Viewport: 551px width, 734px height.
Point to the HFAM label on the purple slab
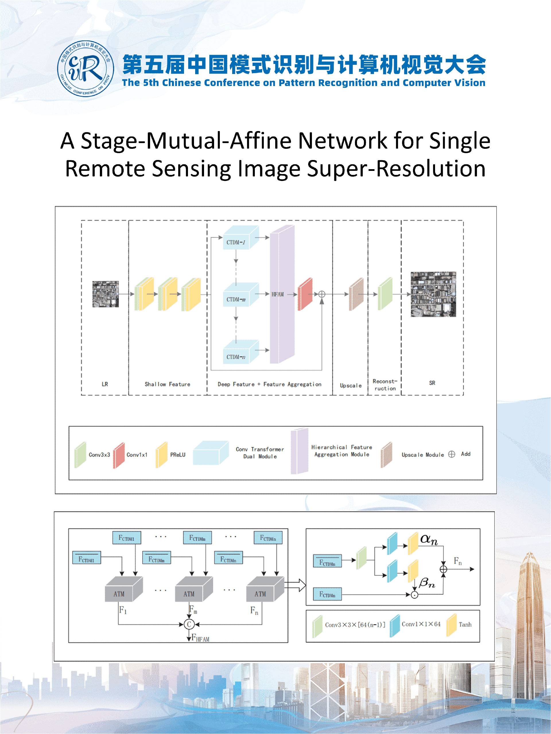pos(278,294)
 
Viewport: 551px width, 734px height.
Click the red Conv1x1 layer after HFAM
pos(305,294)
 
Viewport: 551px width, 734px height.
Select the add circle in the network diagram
pos(321,294)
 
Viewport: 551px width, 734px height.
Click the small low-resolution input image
pos(105,294)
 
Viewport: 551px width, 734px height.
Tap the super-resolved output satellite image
pos(433,294)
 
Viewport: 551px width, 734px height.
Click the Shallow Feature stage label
pos(167,384)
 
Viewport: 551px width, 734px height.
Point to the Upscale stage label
pos(350,386)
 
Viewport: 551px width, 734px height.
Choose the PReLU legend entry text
pos(178,455)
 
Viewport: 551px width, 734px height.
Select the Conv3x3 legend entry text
pos(99,455)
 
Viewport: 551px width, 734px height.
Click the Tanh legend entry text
pos(465,624)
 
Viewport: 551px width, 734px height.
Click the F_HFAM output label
pos(200,638)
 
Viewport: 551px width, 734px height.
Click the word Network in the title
pos(342,141)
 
